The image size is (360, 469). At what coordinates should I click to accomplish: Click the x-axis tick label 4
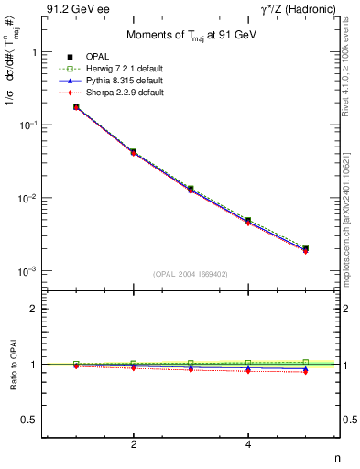point(248,445)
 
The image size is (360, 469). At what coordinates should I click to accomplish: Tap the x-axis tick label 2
point(134,445)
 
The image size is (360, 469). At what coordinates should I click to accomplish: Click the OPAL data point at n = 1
point(76,107)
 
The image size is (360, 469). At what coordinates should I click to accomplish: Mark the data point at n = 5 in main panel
point(305,248)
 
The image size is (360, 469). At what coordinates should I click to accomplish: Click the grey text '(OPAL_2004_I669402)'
point(191,273)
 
